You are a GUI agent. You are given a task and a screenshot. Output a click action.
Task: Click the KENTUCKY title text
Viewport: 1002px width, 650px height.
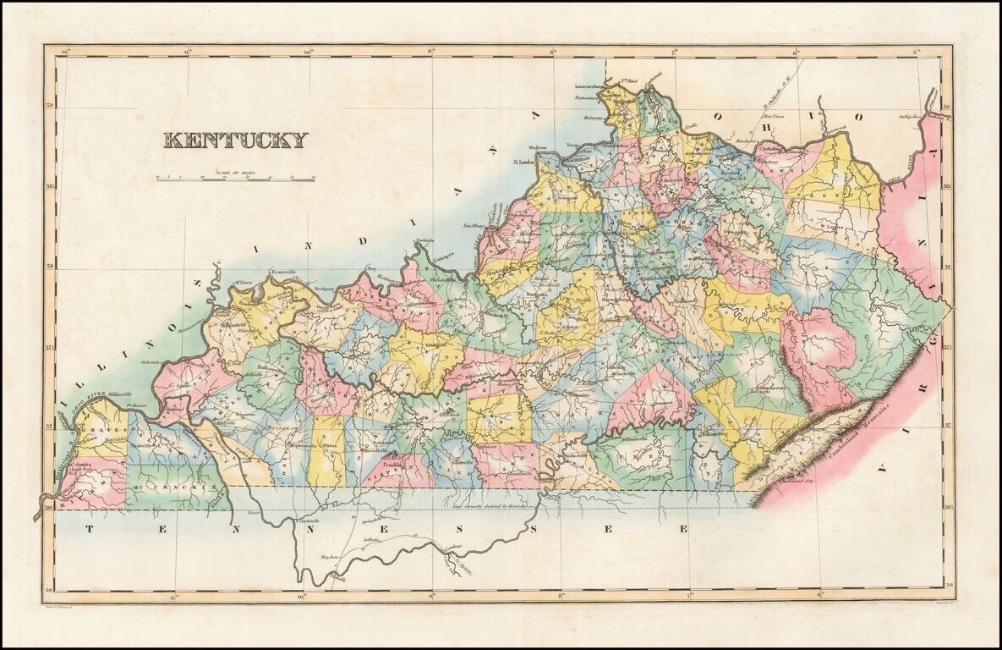click(x=235, y=140)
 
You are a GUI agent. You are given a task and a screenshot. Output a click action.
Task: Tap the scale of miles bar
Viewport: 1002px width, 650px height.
click(x=235, y=179)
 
